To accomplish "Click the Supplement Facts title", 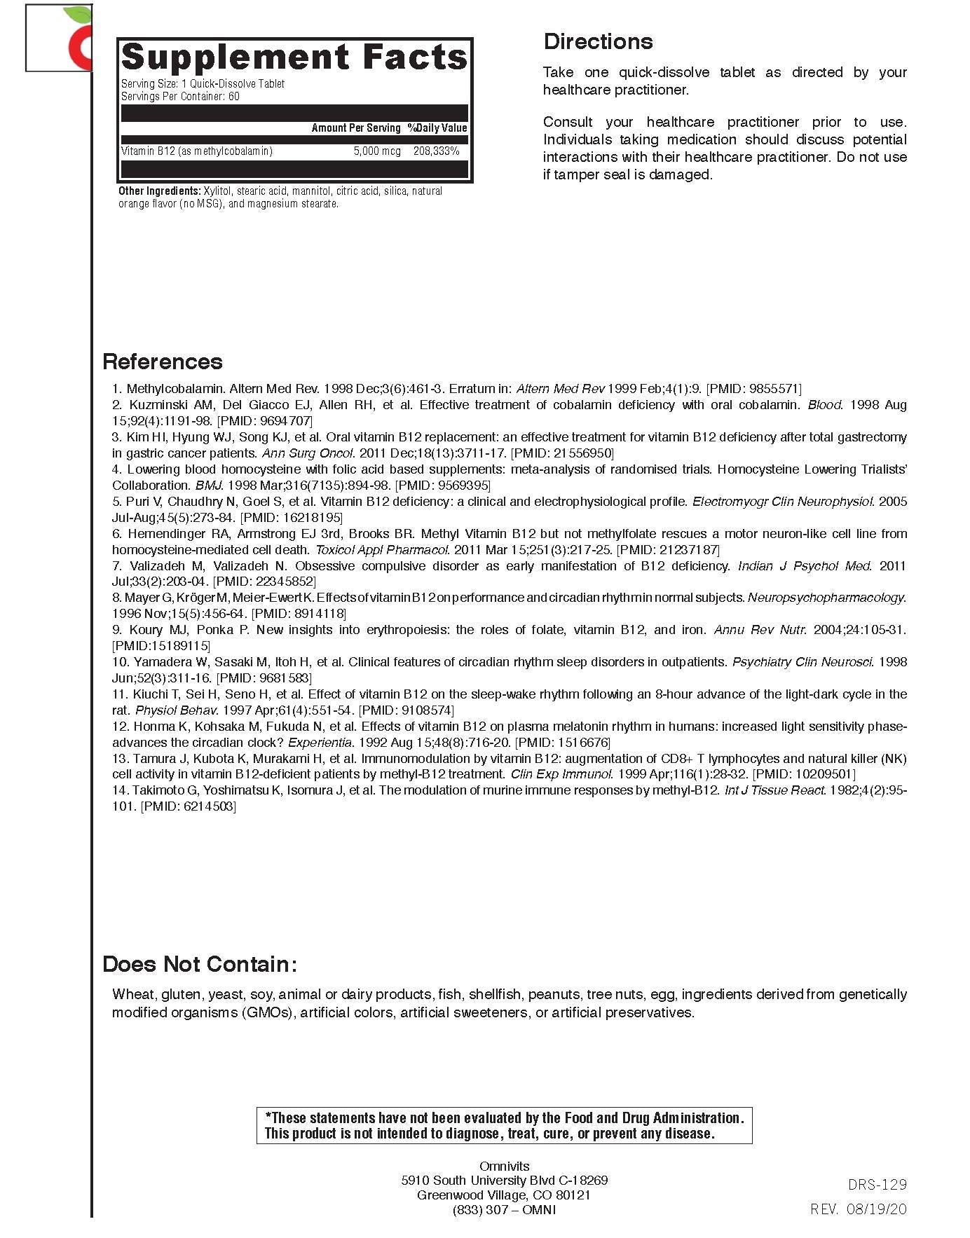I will click(294, 57).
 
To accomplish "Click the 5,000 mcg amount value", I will click(377, 151).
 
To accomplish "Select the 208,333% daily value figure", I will click(436, 151).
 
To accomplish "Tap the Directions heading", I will click(598, 41).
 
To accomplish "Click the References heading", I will click(163, 362).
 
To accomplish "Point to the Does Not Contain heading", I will click(200, 964).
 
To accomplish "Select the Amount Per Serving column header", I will click(356, 128).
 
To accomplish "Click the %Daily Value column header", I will click(437, 128).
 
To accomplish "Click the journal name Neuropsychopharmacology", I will click(826, 598).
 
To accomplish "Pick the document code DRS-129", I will click(877, 1185).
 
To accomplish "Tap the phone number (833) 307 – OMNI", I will click(504, 1210).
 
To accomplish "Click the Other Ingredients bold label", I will click(160, 191).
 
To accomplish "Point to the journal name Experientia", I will click(320, 742).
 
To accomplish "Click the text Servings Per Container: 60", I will click(180, 96).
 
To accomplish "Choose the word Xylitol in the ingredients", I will click(217, 191).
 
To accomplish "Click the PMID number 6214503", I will click(208, 806).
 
